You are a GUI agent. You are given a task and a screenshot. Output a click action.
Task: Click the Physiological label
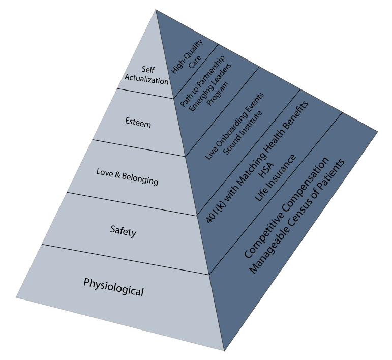114,287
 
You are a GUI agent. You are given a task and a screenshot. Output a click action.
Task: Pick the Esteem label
138,123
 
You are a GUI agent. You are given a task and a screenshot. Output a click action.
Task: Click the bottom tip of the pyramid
224,350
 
